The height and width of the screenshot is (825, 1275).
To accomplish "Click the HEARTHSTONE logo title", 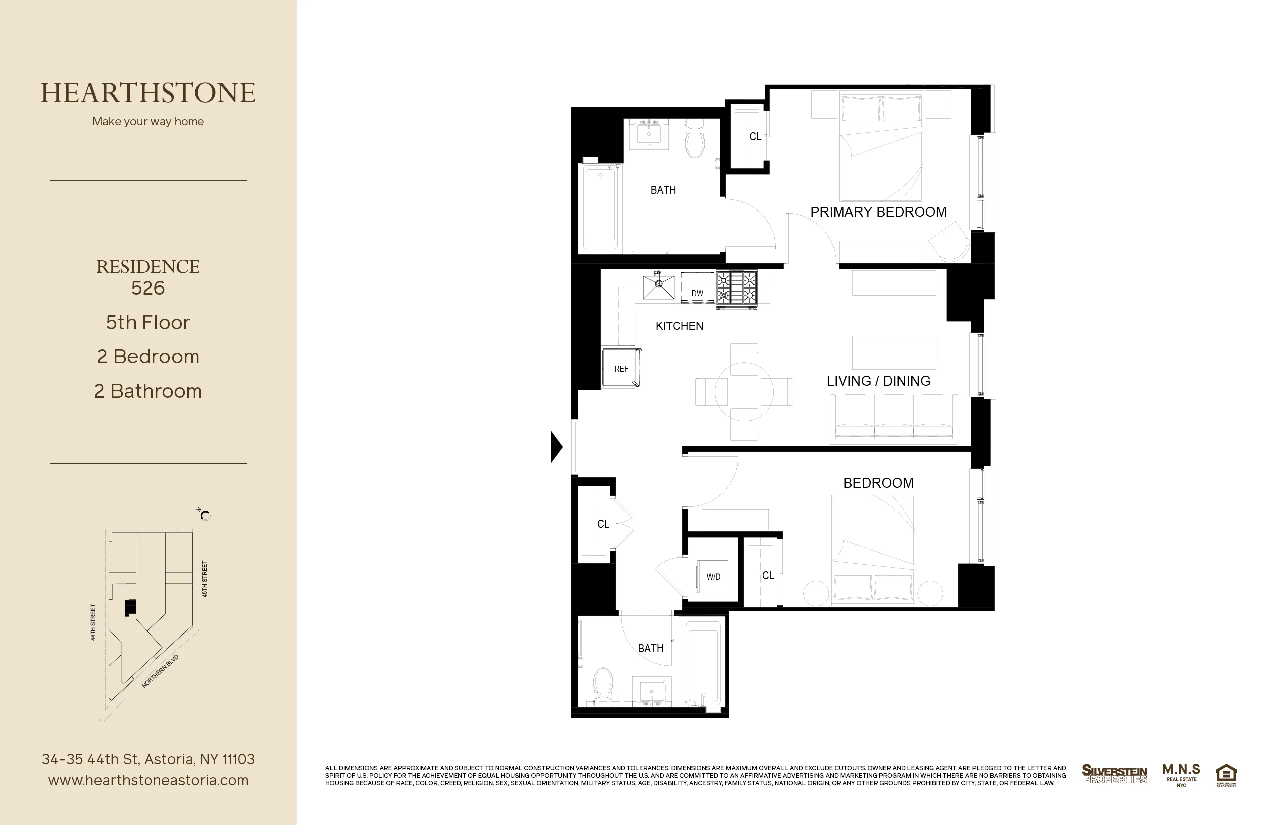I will tap(148, 93).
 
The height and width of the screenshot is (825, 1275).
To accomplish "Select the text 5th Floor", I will tap(148, 323).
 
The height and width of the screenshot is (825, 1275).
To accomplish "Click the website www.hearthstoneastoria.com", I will tap(148, 780).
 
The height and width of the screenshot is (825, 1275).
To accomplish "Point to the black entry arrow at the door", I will tap(556, 447).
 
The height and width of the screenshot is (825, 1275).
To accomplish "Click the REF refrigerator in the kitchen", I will tap(621, 368).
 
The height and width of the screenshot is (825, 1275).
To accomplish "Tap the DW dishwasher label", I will tap(697, 293).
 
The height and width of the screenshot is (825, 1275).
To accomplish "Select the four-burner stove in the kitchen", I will tap(736, 289).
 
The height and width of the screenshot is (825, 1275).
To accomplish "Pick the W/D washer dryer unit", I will tap(713, 577).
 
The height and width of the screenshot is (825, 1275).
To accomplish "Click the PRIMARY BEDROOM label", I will tap(878, 212).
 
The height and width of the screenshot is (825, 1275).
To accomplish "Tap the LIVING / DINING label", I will tap(878, 381).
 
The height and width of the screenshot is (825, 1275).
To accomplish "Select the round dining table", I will tap(744, 392).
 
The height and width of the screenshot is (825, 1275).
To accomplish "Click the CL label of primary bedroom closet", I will tap(755, 137).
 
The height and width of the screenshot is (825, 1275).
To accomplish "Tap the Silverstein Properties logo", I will tap(1114, 774).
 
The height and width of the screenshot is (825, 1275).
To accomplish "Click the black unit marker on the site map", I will tap(130, 608).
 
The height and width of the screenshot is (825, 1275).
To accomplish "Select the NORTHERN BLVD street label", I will tap(160, 671).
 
